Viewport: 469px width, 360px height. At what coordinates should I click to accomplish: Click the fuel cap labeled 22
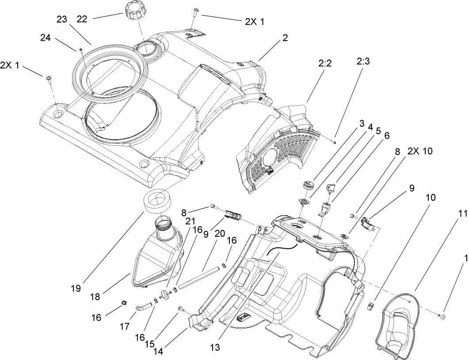click(x=134, y=8)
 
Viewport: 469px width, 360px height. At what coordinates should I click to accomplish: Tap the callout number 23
click(x=62, y=19)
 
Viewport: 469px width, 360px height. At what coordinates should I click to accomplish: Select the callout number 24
click(x=46, y=38)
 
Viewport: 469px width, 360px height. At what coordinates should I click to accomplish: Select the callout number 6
click(x=387, y=136)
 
